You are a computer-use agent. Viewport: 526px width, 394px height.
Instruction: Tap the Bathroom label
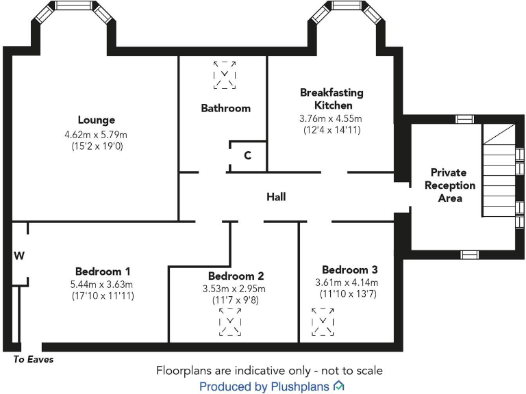click(225, 108)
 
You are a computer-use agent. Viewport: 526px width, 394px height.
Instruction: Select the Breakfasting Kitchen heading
click(331, 98)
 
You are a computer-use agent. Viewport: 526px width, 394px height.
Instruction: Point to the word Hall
click(276, 197)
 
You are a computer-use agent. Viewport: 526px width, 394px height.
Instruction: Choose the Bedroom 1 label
click(103, 271)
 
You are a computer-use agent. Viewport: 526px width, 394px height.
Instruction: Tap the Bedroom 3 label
click(349, 270)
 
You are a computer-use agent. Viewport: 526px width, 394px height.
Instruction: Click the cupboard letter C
click(247, 156)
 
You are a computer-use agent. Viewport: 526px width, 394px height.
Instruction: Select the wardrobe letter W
click(19, 256)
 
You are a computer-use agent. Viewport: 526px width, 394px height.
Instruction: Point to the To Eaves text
click(33, 359)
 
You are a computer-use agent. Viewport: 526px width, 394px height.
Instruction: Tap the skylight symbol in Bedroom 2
click(230, 321)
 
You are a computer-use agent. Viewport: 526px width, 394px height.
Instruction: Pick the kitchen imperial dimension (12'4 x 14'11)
click(331, 130)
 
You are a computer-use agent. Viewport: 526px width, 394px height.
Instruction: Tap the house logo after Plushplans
click(338, 386)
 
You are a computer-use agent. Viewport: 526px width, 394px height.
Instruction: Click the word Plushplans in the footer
click(299, 387)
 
